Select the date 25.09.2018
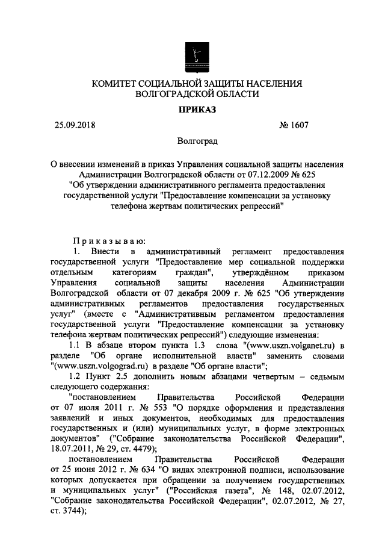74,125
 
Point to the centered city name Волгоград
194,141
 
